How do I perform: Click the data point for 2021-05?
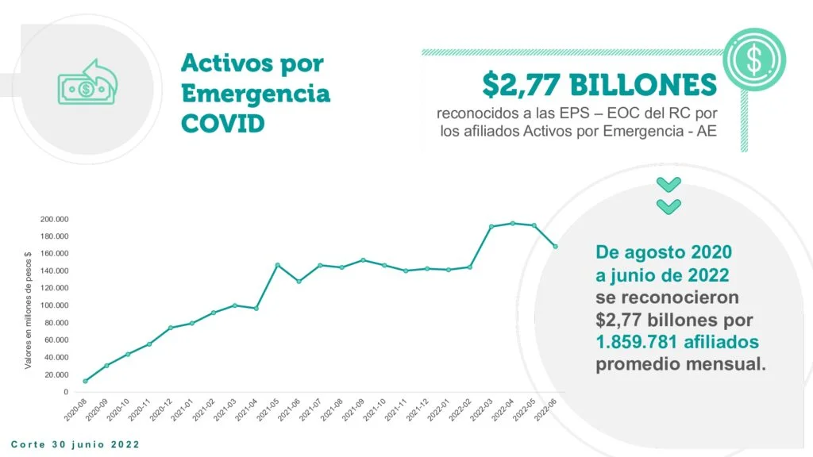278,265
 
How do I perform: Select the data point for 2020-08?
85,381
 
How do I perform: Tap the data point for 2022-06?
556,246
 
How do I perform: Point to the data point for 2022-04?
513,223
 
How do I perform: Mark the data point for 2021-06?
299,282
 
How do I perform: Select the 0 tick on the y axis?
65,392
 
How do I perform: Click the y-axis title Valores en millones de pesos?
29,310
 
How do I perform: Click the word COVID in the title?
223,125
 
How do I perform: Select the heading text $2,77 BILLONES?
599,84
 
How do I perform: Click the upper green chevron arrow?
669,185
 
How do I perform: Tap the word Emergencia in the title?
256,94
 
